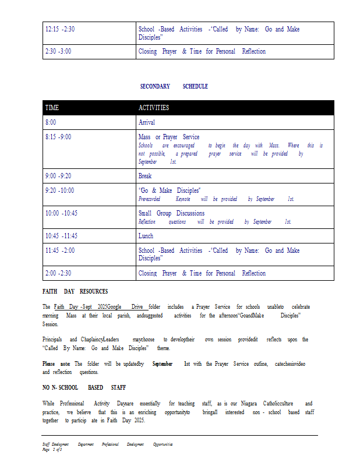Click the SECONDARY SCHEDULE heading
click(174, 86)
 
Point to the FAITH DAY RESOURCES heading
click(75, 291)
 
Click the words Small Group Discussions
click(171, 213)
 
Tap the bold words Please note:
click(57, 363)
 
